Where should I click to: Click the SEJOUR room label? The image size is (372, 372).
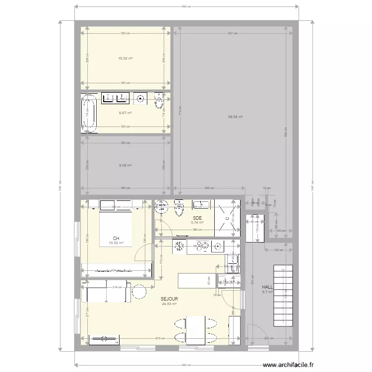point(169,299)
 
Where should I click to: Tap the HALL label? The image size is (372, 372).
point(268,287)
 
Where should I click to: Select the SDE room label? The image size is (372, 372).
point(197,218)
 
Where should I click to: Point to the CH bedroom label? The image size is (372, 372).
point(116,239)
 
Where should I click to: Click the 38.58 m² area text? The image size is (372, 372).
point(235,117)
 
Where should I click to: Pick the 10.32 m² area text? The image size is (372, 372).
point(125,59)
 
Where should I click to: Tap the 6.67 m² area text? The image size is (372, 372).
point(125,113)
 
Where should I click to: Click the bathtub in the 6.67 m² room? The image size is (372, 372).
point(90,114)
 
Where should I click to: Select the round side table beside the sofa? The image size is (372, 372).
point(139,292)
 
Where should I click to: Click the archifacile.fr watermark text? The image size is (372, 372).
point(290,365)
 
